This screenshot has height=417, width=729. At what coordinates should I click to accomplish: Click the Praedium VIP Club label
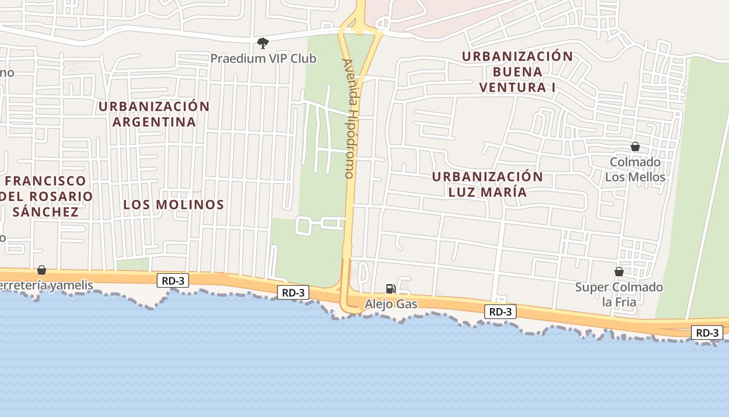coord(263,58)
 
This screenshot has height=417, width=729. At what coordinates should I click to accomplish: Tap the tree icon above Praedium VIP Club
coord(263,43)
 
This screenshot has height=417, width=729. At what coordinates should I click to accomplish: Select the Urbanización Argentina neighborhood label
coord(154,114)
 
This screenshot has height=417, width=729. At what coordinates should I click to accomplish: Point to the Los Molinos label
coord(173,204)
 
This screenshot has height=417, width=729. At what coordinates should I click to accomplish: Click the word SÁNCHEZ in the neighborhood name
coord(46,212)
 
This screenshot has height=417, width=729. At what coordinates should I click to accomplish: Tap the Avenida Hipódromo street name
coord(349,118)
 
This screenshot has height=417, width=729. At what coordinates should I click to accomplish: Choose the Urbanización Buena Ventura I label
coord(517,71)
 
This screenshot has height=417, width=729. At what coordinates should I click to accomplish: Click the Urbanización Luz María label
coord(487,184)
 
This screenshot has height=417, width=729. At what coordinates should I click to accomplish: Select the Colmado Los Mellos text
coord(635,169)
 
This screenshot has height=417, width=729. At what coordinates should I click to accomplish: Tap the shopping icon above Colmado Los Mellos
coord(635,146)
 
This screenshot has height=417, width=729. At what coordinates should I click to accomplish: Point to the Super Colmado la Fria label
coord(619,294)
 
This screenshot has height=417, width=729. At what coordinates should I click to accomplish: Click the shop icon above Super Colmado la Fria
coord(619,272)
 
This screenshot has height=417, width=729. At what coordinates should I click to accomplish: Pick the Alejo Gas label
coord(391,303)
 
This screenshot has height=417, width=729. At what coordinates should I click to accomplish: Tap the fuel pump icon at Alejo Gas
coord(390,288)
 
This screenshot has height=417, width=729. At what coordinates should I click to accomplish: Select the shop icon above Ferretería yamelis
coord(42,270)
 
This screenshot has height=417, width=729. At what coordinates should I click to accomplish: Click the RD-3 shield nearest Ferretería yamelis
coord(173,280)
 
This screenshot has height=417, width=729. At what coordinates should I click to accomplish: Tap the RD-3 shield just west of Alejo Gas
coord(293,292)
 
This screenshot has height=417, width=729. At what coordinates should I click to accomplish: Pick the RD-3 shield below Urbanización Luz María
coord(500,312)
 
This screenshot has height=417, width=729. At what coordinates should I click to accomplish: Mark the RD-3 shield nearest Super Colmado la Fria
coord(707,333)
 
